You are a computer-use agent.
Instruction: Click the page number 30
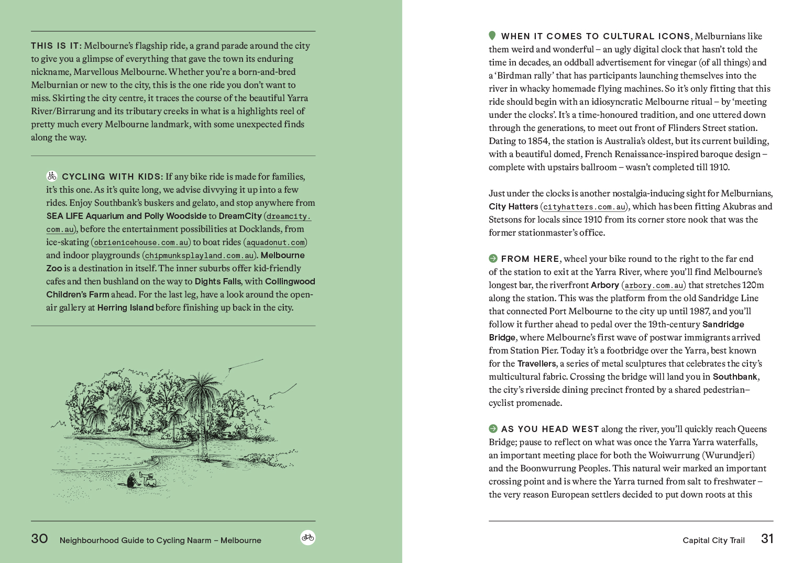pyautogui.click(x=39, y=539)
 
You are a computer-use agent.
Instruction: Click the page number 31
pyautogui.click(x=767, y=539)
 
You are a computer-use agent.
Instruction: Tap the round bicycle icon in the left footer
pyautogui.click(x=308, y=537)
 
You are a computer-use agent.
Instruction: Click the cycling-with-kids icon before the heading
pyautogui.click(x=52, y=176)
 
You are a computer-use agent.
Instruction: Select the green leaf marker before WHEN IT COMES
pyautogui.click(x=492, y=36)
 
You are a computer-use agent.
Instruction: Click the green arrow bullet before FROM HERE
pyautogui.click(x=493, y=258)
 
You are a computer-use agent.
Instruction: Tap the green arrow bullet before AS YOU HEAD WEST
pyautogui.click(x=493, y=428)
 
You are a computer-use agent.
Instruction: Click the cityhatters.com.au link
pyautogui.click(x=584, y=207)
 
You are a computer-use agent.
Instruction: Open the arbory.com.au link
pyautogui.click(x=654, y=285)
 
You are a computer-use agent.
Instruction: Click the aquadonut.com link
pyautogui.click(x=276, y=242)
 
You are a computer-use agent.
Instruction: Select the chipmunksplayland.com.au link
pyautogui.click(x=200, y=256)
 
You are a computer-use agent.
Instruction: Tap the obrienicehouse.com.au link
pyautogui.click(x=141, y=242)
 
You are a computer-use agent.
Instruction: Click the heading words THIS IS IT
pyautogui.click(x=56, y=46)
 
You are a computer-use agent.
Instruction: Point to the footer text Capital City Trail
pyautogui.click(x=713, y=540)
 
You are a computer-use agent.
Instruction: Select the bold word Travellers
pyautogui.click(x=536, y=363)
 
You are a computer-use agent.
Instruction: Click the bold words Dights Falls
pyautogui.click(x=218, y=281)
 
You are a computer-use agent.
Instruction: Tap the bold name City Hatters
pyautogui.click(x=513, y=206)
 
